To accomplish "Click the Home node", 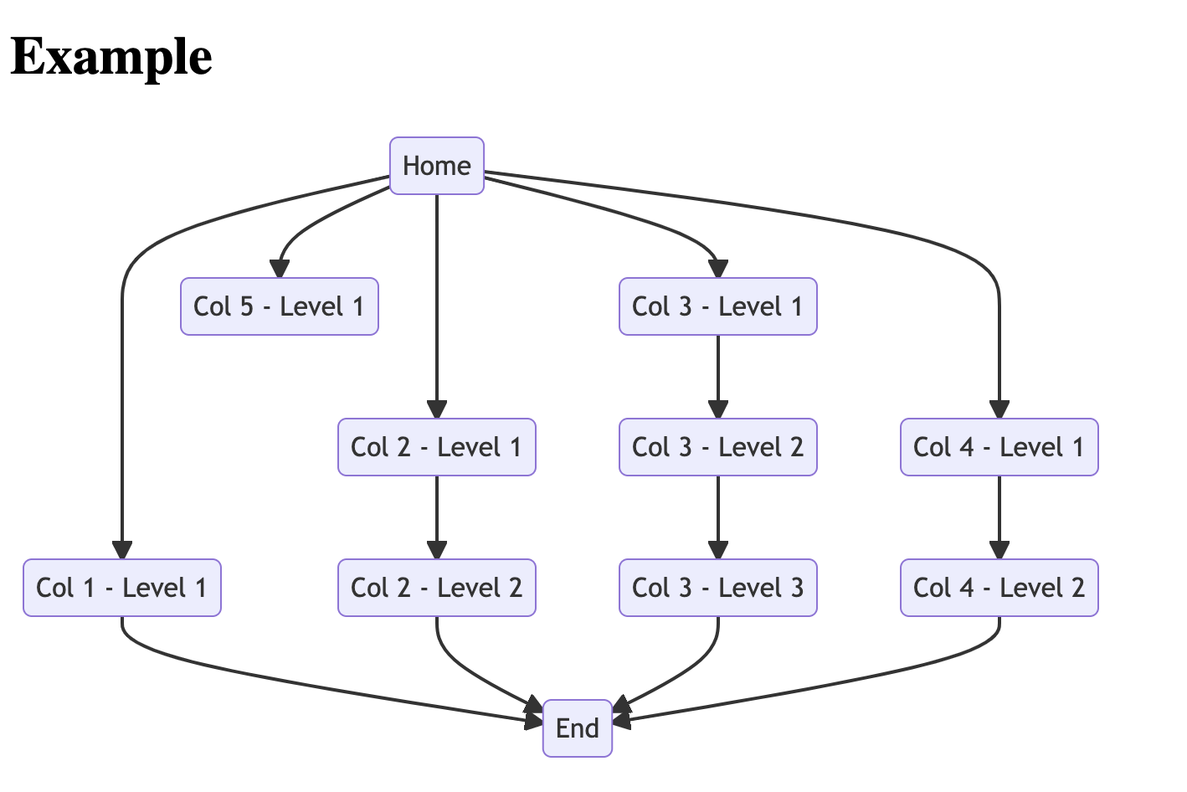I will tap(436, 166).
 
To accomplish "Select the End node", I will tap(577, 728).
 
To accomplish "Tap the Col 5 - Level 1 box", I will tap(279, 306).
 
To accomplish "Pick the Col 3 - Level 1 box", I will tap(717, 306).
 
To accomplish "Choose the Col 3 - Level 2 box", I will tap(717, 447).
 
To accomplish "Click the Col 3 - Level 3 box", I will tap(717, 588).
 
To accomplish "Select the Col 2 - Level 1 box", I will tap(436, 447).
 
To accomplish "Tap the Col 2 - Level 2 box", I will tap(436, 588).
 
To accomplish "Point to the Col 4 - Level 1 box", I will tap(999, 447).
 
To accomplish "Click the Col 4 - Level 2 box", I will tap(999, 588).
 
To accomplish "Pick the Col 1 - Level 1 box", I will tap(122, 588).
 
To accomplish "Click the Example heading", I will tap(111, 57).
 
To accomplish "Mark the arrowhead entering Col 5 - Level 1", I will tap(280, 269).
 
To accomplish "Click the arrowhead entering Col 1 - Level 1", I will tap(122, 550).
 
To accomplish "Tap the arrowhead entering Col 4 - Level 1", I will tap(999, 409).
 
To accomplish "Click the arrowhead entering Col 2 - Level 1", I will tap(436, 409).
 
